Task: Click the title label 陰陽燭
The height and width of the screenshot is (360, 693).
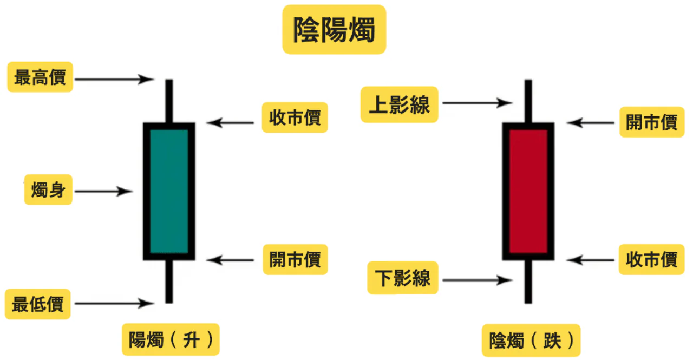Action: pos(334,30)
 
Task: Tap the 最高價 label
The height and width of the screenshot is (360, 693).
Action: pos(40,77)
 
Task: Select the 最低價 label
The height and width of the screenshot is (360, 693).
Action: pos(37,304)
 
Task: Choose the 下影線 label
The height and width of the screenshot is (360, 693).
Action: pos(403,278)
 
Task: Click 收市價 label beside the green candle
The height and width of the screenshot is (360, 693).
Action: pos(295,117)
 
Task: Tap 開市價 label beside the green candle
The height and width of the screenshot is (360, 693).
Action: pos(295,259)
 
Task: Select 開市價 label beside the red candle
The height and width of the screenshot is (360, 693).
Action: pos(652,122)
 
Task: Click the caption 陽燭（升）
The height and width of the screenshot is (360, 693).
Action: pos(171,339)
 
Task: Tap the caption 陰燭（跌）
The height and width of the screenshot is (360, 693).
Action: pos(531,341)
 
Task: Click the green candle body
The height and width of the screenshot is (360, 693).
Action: pos(169,191)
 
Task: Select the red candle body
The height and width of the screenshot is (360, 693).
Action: pos(528,191)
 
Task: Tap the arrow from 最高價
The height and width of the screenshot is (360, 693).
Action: pos(114,79)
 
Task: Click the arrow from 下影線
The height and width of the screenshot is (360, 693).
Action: pos(476,280)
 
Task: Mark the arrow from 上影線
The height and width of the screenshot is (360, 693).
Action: pos(476,102)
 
